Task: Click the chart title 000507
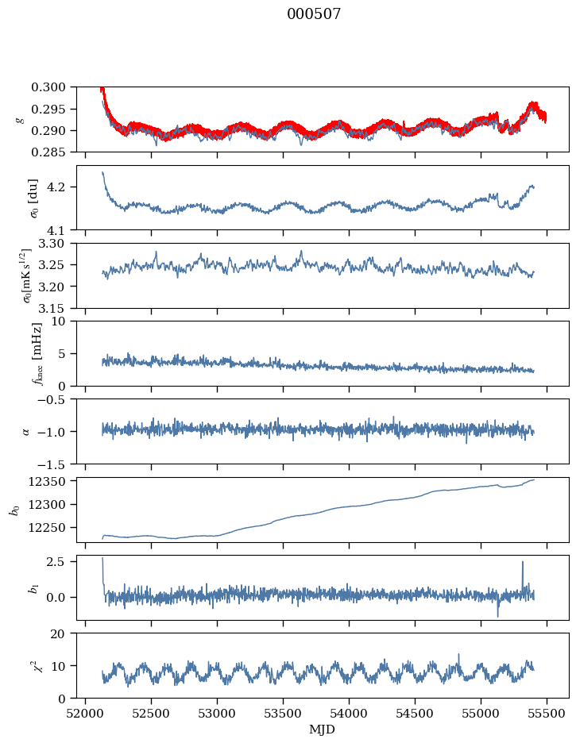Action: [314, 14]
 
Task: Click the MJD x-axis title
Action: [322, 729]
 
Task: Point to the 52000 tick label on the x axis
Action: [86, 713]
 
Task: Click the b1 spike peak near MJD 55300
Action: [523, 562]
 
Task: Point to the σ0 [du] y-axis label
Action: [12, 198]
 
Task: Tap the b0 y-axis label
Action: [14, 510]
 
